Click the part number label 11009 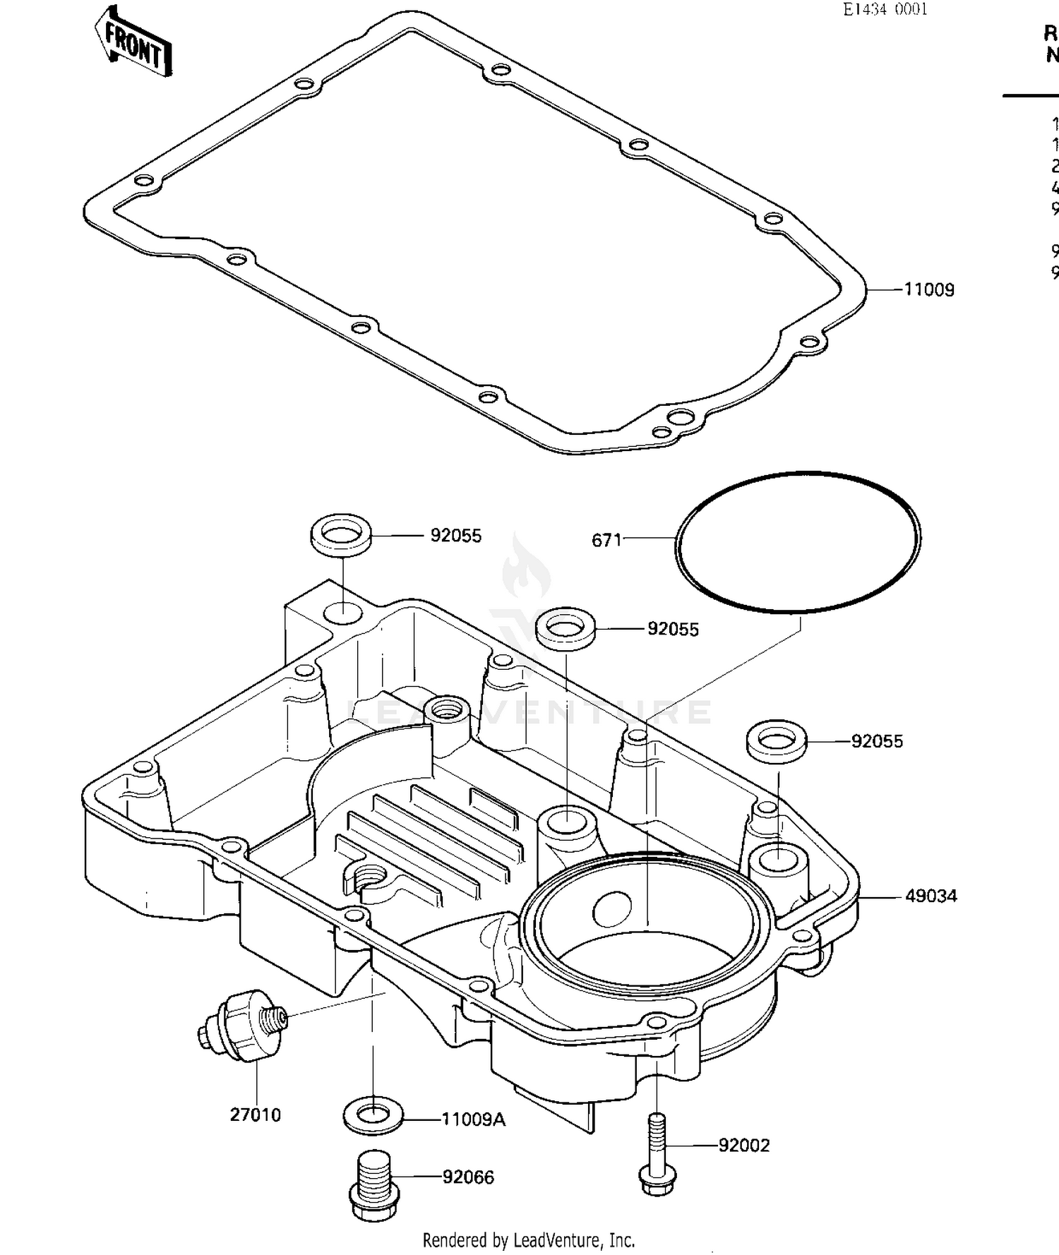click(929, 290)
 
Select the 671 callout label click(606, 541)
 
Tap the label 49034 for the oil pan click(931, 896)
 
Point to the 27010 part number click(255, 1116)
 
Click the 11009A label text click(473, 1120)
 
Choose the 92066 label click(468, 1177)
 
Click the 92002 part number click(744, 1146)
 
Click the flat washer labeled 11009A click(373, 1116)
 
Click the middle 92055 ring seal click(565, 626)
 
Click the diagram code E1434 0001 click(885, 9)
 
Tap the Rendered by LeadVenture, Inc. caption click(529, 1239)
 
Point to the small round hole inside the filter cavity click(612, 909)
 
